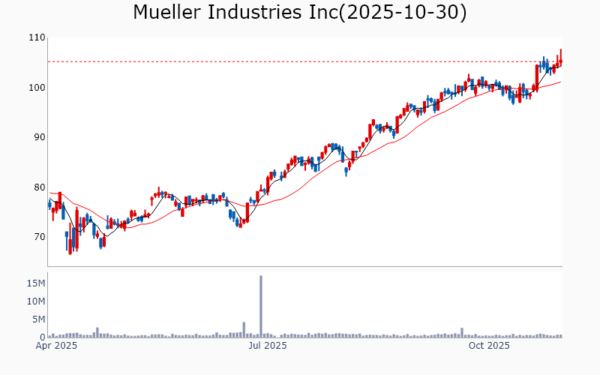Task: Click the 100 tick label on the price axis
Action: [36, 88]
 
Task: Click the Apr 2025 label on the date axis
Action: [57, 346]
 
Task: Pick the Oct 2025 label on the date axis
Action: [489, 346]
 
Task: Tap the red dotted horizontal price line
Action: [300, 61]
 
